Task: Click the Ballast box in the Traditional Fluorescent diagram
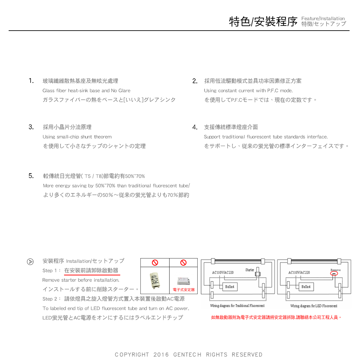coord(230,287)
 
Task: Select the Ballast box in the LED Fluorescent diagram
coord(306,287)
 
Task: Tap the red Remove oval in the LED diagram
coord(334,274)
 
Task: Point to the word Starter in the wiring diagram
coord(249,270)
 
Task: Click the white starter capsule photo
coord(155,280)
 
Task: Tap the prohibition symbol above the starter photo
coord(155,262)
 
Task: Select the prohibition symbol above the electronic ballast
coord(183,262)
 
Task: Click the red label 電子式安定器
coord(183,289)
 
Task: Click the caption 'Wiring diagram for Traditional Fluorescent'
coord(237,306)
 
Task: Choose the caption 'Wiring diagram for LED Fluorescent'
coord(314,306)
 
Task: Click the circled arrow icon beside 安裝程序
coord(31,261)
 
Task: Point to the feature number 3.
coord(31,127)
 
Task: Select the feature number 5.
coord(31,176)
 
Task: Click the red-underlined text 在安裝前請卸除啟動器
coord(91,270)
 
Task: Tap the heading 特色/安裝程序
coord(263,21)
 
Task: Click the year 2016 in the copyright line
coord(161,355)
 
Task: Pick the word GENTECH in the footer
coord(187,355)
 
